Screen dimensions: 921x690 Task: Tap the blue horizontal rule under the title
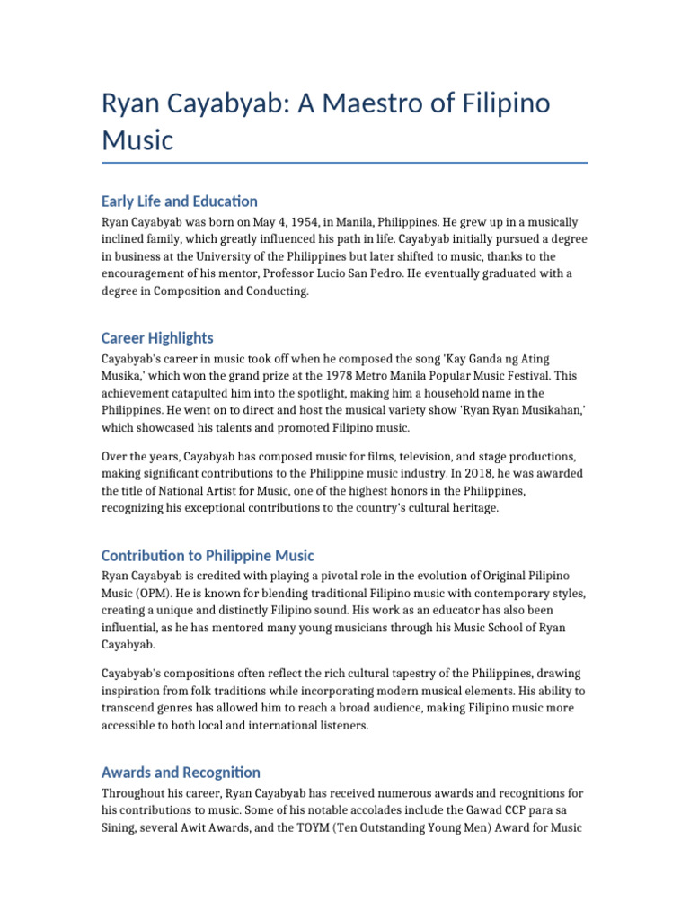[345, 163]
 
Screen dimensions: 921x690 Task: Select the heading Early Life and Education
[180, 201]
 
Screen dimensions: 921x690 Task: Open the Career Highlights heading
[157, 337]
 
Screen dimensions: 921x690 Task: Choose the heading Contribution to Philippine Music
[208, 555]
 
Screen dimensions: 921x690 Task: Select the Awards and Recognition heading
[181, 772]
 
